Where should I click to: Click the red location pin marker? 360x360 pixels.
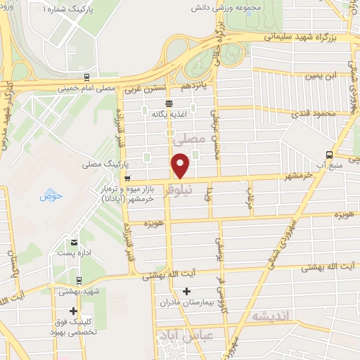point(181,166)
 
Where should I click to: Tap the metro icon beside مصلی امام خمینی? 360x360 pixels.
point(86,77)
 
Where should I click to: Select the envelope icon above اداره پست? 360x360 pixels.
point(73,243)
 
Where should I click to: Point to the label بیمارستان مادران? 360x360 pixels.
point(186,303)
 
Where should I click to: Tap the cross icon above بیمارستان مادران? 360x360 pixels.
point(186,291)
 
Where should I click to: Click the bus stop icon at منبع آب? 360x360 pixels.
point(330,155)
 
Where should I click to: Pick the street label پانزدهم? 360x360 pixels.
point(196,86)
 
